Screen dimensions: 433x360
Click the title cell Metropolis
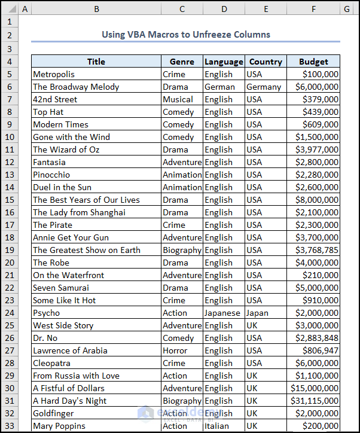click(x=54, y=74)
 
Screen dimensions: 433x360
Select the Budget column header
click(x=313, y=62)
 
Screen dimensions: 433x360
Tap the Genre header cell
click(x=182, y=62)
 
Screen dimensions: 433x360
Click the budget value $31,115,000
click(x=315, y=401)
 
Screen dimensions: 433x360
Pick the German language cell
click(x=219, y=87)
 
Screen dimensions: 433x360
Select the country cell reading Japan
click(x=257, y=313)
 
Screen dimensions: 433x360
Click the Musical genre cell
click(x=178, y=99)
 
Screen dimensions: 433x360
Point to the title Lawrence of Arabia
click(x=70, y=350)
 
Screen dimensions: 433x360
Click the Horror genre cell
click(x=175, y=350)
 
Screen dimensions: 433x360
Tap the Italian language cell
click(x=216, y=426)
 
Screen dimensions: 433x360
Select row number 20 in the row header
click(x=9, y=263)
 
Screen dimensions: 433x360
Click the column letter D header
click(x=224, y=8)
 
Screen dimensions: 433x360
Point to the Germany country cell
click(x=264, y=87)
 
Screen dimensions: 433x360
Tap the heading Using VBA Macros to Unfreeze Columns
click(x=185, y=34)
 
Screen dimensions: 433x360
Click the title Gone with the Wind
click(x=71, y=137)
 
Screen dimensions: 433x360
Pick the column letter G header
click(x=346, y=8)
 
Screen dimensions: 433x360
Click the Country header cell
click(x=266, y=62)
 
